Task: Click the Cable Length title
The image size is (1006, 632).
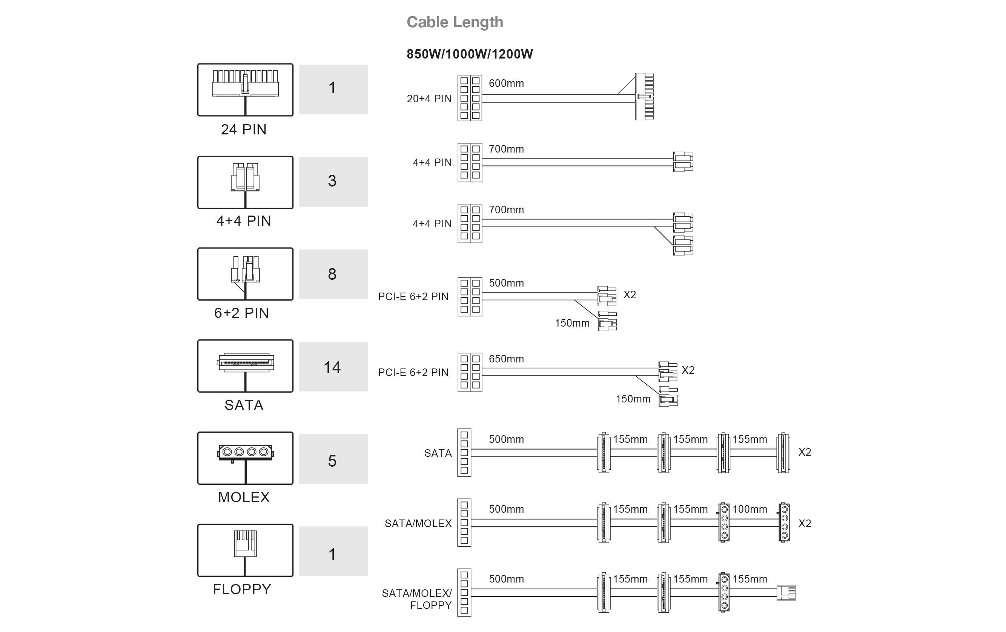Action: (x=455, y=22)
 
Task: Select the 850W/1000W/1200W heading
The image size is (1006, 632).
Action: (x=469, y=54)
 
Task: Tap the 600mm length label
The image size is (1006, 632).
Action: (x=506, y=83)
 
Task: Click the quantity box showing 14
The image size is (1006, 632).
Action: (x=333, y=367)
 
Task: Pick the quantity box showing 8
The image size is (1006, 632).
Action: (x=333, y=274)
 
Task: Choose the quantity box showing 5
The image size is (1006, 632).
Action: (x=333, y=459)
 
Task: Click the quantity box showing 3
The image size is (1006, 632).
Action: (x=333, y=182)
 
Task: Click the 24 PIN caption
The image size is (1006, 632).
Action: (x=243, y=129)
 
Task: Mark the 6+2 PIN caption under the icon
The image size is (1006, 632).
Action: (x=241, y=313)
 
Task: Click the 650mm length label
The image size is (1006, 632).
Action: (x=506, y=359)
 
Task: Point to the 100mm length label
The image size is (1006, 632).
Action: (x=750, y=509)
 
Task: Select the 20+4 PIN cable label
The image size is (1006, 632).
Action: (x=429, y=99)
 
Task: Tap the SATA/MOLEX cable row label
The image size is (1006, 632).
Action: (x=418, y=523)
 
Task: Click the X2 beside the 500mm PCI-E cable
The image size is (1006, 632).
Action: (x=629, y=295)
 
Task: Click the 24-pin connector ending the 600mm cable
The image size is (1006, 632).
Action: (x=644, y=97)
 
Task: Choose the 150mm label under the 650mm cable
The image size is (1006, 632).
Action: (x=633, y=399)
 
